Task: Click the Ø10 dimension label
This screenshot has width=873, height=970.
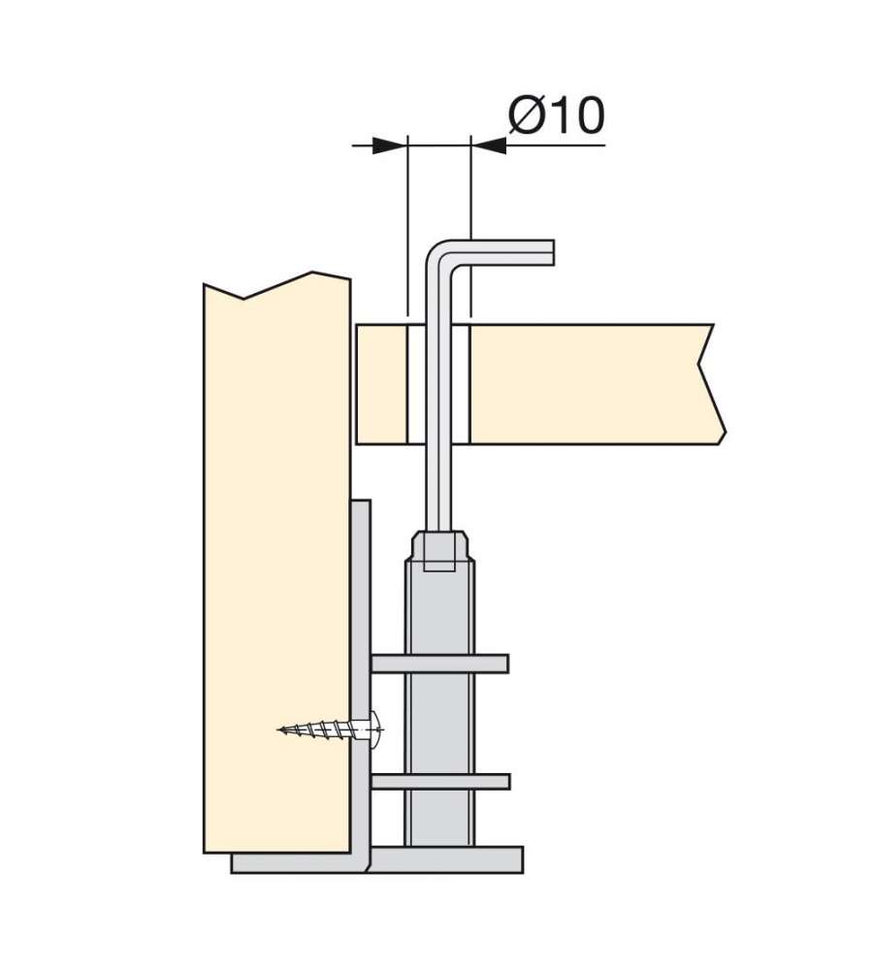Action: [x=556, y=115]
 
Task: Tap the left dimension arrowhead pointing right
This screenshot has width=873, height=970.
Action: [x=390, y=146]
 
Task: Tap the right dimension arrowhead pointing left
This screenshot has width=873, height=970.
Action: [x=489, y=146]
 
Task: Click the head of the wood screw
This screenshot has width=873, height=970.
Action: [x=375, y=729]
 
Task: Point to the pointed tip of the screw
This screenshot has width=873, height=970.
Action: [x=279, y=730]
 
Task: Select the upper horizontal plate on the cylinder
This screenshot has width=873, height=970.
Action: [x=439, y=663]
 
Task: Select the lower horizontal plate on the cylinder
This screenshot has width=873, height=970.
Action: [x=440, y=781]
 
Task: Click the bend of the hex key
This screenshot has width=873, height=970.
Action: [x=440, y=255]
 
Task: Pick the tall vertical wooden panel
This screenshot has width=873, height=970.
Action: [x=277, y=563]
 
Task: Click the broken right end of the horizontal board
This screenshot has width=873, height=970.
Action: [x=712, y=383]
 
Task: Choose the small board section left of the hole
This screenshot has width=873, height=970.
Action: [x=382, y=383]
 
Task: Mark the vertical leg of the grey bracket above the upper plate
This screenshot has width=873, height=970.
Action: [x=362, y=575]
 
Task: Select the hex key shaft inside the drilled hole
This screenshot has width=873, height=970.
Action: [x=439, y=383]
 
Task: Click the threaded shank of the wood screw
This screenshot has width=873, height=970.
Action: [x=323, y=730]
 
